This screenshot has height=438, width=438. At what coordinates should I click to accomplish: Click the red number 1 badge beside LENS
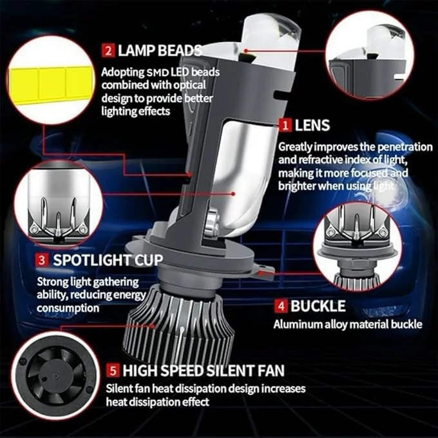[x=285, y=125]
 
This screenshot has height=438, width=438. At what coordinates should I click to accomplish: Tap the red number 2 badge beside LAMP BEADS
[x=108, y=50]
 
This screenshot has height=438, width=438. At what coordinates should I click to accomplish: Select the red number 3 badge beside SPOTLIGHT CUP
[x=42, y=260]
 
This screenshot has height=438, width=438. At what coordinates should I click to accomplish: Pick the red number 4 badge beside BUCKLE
[x=280, y=306]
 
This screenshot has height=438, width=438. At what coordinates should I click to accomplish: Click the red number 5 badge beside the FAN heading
[x=113, y=370]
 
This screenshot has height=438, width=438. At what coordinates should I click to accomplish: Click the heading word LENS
[x=312, y=125]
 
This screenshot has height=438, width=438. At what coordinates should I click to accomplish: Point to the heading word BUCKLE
[x=318, y=306]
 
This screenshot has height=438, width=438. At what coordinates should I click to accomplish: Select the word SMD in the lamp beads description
[x=158, y=73]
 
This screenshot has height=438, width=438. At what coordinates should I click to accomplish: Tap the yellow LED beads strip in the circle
[x=51, y=84]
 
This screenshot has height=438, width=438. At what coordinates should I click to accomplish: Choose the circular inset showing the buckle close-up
[x=357, y=247]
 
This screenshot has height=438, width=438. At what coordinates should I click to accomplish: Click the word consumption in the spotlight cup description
[x=68, y=308]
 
